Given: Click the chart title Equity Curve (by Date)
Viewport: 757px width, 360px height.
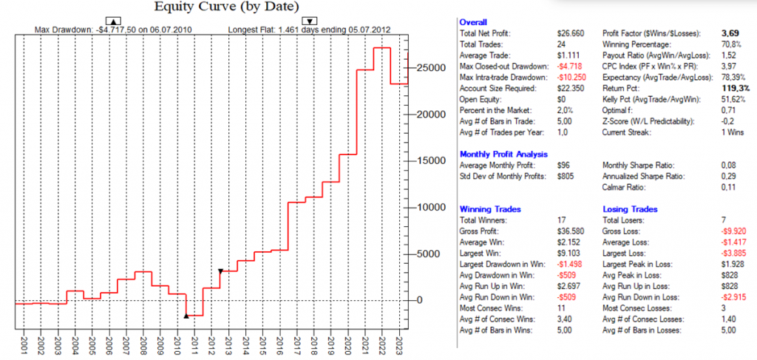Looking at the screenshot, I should coord(226,7).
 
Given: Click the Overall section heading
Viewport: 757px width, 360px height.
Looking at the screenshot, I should coord(472,23).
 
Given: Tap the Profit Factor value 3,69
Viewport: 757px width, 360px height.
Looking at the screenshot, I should coord(730,34).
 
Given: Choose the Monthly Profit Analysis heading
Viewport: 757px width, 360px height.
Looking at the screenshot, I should coord(503,154).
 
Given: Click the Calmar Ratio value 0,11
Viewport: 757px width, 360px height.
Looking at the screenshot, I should coord(727,186).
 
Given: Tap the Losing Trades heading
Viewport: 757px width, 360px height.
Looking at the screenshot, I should coord(629,209).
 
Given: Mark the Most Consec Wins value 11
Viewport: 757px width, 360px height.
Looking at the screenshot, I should coord(563,306).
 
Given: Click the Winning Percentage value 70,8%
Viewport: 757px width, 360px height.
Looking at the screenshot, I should coord(729,44).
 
